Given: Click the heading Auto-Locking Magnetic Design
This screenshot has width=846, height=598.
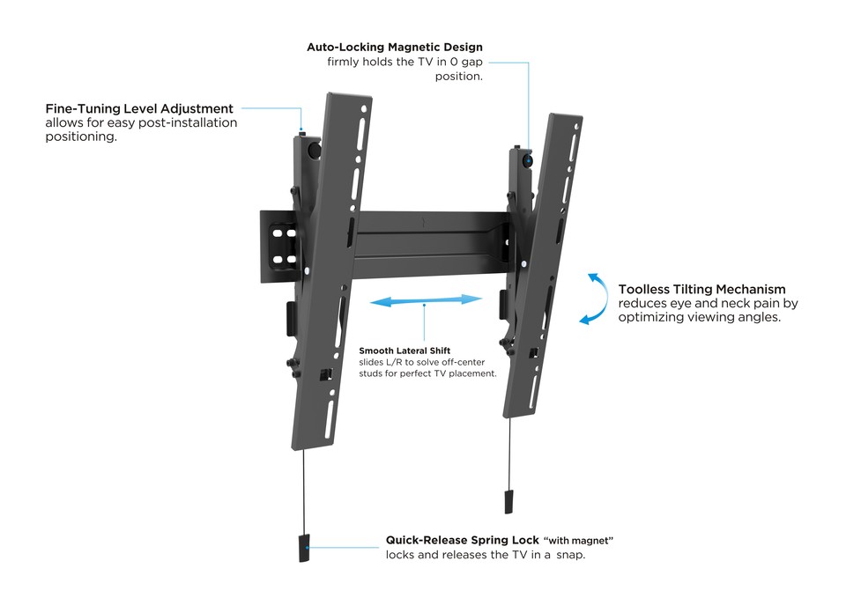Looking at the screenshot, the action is (x=395, y=47).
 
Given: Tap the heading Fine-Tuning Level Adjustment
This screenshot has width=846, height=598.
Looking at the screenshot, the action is (x=139, y=108).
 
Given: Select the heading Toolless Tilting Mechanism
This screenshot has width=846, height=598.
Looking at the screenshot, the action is (x=702, y=289).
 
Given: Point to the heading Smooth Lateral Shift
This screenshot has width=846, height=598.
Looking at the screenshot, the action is (x=404, y=351).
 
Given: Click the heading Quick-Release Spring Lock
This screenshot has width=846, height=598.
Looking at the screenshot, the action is (x=463, y=540).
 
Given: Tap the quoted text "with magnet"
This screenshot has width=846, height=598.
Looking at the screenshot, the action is (x=578, y=540).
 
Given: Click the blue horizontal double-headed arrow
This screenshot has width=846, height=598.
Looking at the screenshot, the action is (x=426, y=300).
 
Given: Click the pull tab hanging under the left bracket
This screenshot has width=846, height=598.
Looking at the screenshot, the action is (x=304, y=548).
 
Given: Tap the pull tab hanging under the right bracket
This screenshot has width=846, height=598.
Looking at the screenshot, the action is (x=508, y=501).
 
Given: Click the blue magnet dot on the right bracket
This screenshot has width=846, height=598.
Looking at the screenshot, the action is (x=528, y=160).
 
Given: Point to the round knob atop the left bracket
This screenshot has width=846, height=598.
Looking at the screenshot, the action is (x=312, y=150).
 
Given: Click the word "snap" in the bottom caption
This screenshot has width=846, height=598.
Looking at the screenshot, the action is (x=569, y=555).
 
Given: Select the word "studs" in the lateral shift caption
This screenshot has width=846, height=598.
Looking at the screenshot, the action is (x=371, y=373).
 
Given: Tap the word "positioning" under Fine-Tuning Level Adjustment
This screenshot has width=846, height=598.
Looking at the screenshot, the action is (x=81, y=137).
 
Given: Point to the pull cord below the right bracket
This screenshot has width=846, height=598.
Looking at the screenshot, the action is (x=508, y=453).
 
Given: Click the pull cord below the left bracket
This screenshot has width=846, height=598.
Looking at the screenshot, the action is (x=304, y=491).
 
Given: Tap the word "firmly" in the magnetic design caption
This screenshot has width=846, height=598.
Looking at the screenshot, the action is (x=343, y=62).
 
